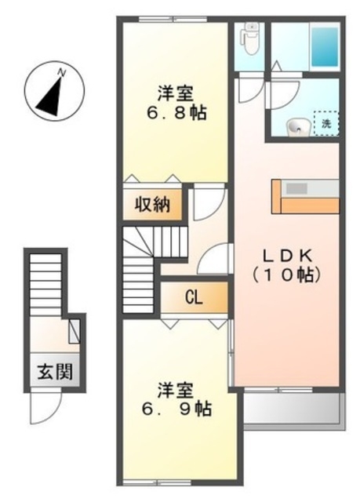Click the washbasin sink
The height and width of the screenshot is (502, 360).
click(x=297, y=125)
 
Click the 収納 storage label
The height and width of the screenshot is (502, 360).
click(x=151, y=206)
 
